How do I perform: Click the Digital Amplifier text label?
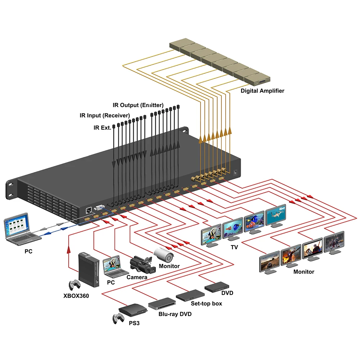point(262,91)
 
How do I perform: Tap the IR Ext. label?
point(102,127)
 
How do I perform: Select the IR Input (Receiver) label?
point(104,116)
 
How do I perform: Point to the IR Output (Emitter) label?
point(138,105)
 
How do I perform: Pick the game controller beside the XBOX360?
point(76,285)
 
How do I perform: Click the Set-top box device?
point(190,295)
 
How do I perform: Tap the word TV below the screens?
point(234,247)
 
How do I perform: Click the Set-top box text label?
point(206,303)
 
